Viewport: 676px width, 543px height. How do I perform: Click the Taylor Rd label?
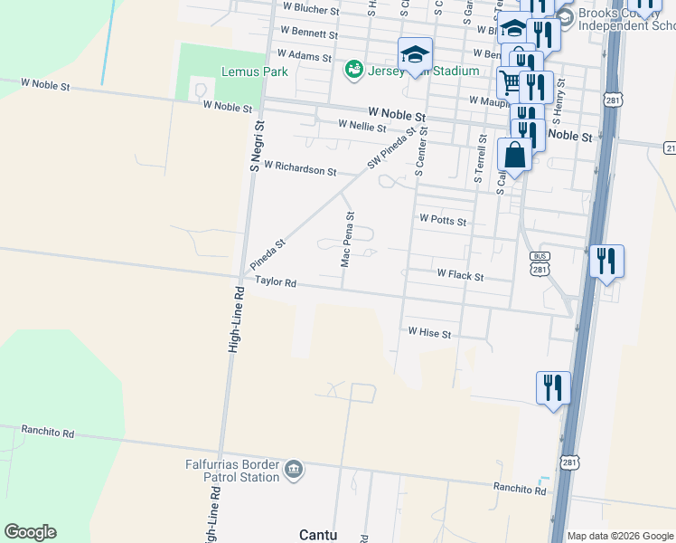[276, 281]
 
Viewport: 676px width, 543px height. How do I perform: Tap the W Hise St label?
[429, 333]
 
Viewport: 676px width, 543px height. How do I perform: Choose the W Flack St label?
[460, 273]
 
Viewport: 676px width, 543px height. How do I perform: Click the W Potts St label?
[443, 220]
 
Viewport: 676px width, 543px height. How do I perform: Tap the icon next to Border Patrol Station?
[294, 470]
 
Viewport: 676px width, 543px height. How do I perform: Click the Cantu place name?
[318, 535]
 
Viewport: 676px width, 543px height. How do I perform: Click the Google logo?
[30, 532]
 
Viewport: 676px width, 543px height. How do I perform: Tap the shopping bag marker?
[514, 156]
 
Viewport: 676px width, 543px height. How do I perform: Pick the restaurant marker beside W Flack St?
[606, 262]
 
